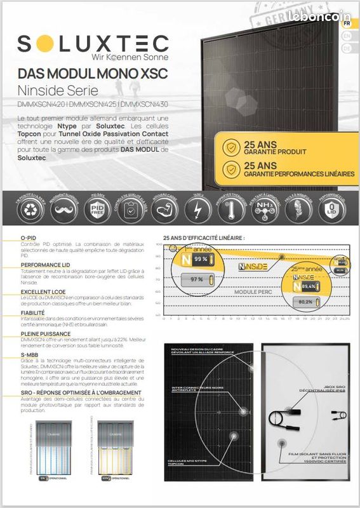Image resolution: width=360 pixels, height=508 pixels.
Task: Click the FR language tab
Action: click(x=346, y=23)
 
